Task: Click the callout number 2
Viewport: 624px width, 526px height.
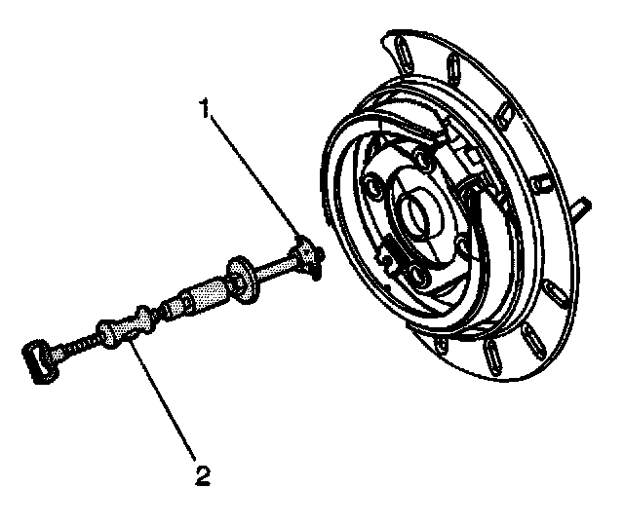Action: [x=202, y=475]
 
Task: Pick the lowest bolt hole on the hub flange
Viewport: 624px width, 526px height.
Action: [x=418, y=280]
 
